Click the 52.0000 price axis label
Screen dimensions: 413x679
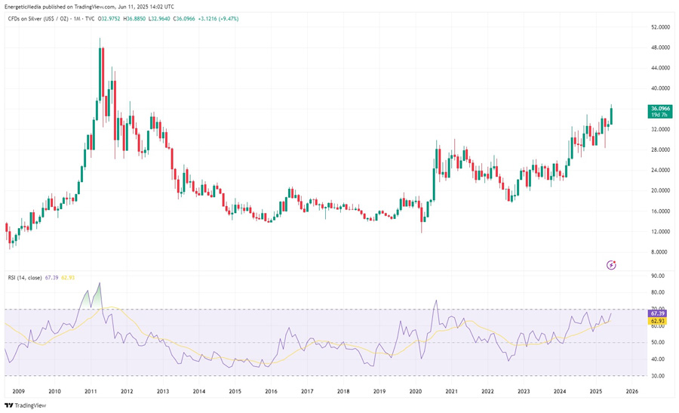[x=660, y=27]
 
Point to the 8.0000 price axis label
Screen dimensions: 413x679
[x=660, y=252]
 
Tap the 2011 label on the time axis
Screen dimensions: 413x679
[x=91, y=391]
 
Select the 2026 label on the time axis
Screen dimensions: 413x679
[x=631, y=391]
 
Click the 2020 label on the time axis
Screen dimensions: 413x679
[x=416, y=391]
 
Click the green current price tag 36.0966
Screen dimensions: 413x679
[x=660, y=109]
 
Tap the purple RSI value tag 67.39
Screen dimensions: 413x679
[x=656, y=313]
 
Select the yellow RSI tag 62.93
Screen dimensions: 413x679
[x=656, y=321]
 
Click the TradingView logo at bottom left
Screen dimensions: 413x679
[x=25, y=405]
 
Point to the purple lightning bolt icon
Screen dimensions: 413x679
[x=612, y=265]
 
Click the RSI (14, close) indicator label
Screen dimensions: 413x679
[x=25, y=278]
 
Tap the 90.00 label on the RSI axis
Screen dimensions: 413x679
[x=658, y=276]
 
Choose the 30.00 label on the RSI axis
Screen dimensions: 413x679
[x=658, y=376]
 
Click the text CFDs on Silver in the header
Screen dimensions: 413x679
[x=30, y=19]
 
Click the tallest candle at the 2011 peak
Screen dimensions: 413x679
[x=101, y=72]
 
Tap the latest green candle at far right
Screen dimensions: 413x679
[x=610, y=116]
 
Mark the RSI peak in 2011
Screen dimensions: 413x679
[x=100, y=284]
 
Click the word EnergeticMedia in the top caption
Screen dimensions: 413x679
[x=26, y=7]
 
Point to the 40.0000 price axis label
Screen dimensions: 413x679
[x=660, y=88]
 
